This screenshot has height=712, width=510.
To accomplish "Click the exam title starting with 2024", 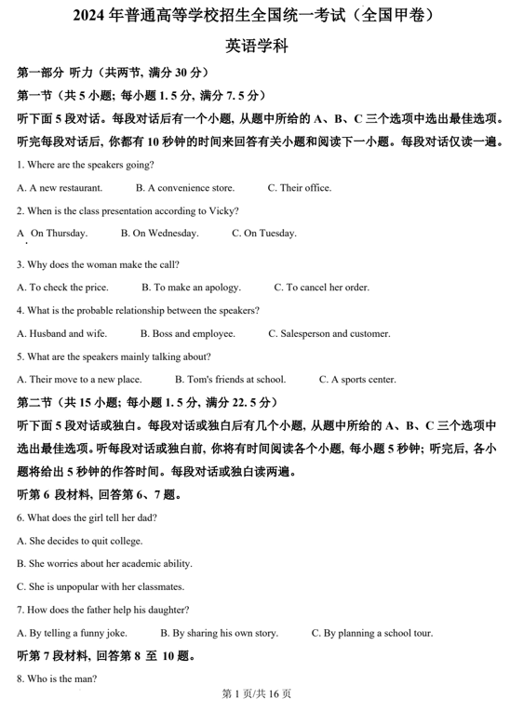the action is (254, 16).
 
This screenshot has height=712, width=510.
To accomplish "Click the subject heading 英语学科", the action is (254, 46).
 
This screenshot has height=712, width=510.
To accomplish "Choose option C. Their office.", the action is (299, 188).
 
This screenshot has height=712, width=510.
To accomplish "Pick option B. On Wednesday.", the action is (159, 234).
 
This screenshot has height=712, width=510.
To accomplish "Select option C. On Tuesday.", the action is (264, 234).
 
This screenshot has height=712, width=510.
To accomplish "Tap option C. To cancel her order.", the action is (314, 288).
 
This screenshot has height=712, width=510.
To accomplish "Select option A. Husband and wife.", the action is (61, 333).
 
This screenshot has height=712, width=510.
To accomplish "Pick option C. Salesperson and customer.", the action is (329, 333).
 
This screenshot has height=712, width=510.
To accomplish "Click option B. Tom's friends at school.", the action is (230, 380).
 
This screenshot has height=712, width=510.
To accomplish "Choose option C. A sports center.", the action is (356, 380).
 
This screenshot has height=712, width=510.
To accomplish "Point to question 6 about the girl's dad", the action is (87, 517).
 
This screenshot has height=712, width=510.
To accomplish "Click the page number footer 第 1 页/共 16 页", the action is (255, 694).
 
